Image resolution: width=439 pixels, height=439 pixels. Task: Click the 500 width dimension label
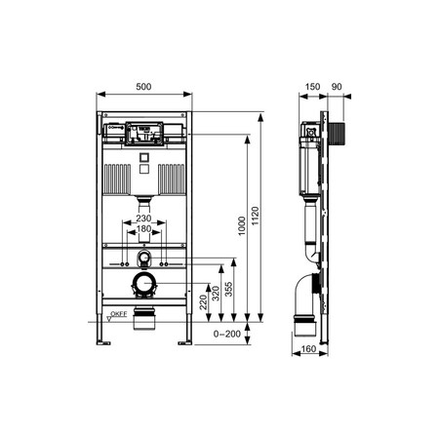click(x=143, y=87)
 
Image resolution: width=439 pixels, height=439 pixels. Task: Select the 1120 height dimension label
click(x=256, y=217)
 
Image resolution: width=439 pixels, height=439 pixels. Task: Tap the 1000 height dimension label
click(x=242, y=225)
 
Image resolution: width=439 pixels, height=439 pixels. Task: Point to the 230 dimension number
click(x=143, y=218)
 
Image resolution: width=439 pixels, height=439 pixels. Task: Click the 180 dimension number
click(x=143, y=228)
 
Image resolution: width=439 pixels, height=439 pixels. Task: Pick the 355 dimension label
click(x=229, y=289)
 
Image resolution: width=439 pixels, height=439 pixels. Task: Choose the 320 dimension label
click(x=216, y=294)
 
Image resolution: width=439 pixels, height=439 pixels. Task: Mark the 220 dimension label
click(x=203, y=301)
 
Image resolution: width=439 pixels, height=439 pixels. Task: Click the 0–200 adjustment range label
click(x=227, y=334)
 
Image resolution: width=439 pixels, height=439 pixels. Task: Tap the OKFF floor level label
click(x=119, y=314)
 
